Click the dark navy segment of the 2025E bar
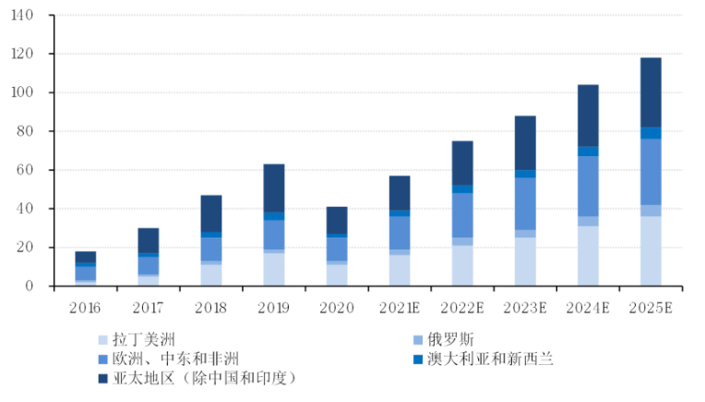(651, 92)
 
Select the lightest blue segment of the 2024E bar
(588, 255)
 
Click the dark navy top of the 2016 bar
(86, 257)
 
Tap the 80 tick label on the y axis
(28, 131)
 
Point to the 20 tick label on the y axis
(28, 248)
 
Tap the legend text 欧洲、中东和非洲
(175, 359)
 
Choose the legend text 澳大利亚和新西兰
(490, 359)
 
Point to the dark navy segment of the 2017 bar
(149, 240)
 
